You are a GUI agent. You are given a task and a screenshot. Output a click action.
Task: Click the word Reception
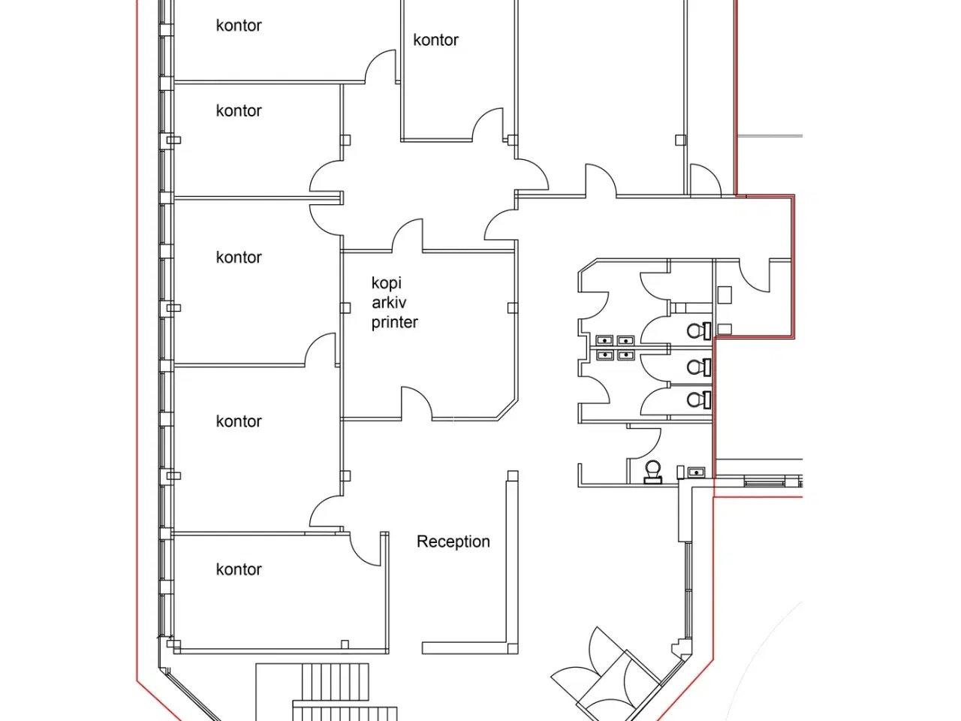tap(453, 542)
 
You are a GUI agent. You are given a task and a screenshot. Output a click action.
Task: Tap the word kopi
tap(386, 284)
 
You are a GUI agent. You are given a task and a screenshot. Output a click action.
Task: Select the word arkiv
tap(389, 303)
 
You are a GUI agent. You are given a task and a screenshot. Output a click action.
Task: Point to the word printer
tap(394, 323)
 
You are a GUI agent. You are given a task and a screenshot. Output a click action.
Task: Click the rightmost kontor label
tap(435, 41)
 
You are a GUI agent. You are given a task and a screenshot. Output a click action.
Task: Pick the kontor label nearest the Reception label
tap(239, 569)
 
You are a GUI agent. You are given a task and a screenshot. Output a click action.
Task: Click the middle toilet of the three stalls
tap(699, 367)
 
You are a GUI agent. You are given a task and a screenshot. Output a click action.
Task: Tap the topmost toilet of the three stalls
tap(699, 330)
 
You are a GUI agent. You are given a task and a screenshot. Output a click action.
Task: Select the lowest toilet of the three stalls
tap(699, 400)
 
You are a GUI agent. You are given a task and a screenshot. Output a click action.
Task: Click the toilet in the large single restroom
tap(653, 472)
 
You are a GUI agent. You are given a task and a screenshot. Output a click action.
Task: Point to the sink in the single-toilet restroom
tap(696, 472)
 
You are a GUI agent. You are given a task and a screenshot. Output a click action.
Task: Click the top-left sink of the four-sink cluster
tap(604, 340)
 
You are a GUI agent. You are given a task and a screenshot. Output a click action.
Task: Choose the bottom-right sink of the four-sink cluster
tap(625, 354)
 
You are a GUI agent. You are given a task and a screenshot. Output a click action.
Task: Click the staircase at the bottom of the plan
tap(337, 692)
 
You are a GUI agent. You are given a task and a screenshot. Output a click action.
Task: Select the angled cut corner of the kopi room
tap(508, 410)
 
